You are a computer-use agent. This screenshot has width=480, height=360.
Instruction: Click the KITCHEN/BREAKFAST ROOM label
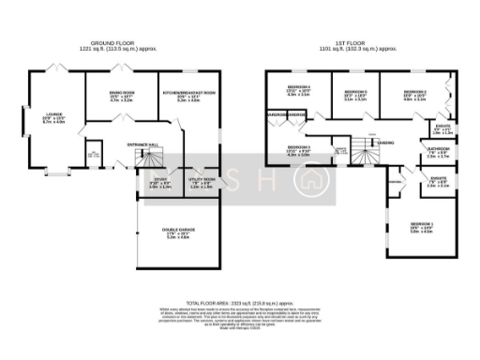pyautogui.click(x=188, y=93)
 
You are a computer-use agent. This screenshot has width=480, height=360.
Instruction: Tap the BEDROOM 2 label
pyautogui.click(x=415, y=92)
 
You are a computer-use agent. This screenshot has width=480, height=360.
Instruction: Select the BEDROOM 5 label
pyautogui.click(x=355, y=92)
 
